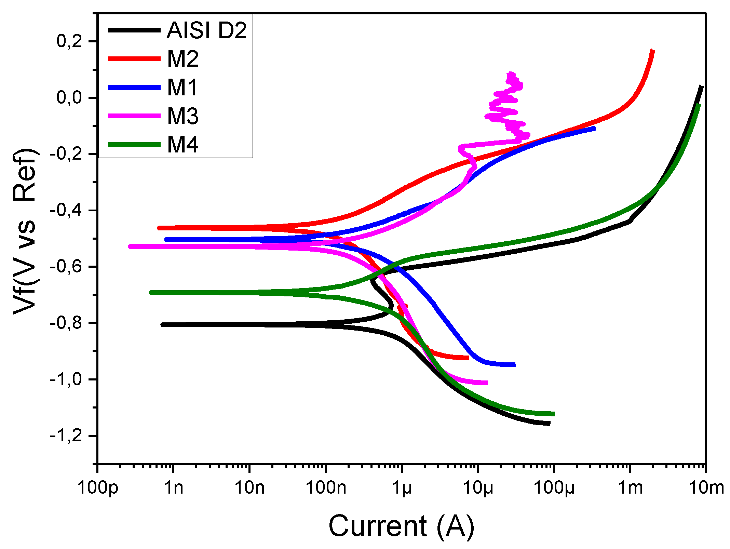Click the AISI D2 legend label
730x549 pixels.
coord(206,30)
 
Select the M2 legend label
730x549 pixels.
coord(183,59)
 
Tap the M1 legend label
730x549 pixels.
coord(182,88)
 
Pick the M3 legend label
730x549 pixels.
coord(183,116)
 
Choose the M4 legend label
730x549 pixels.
coord(183,145)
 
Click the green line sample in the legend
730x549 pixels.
coord(134,145)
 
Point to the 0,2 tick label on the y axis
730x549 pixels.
coord(69,41)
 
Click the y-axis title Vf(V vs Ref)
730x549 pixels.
coord(25,231)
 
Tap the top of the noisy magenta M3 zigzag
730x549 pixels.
coord(511,74)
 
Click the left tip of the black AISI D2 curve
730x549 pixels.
coord(163,325)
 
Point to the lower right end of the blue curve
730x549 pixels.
coord(514,365)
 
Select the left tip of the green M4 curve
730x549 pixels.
coord(151,293)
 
